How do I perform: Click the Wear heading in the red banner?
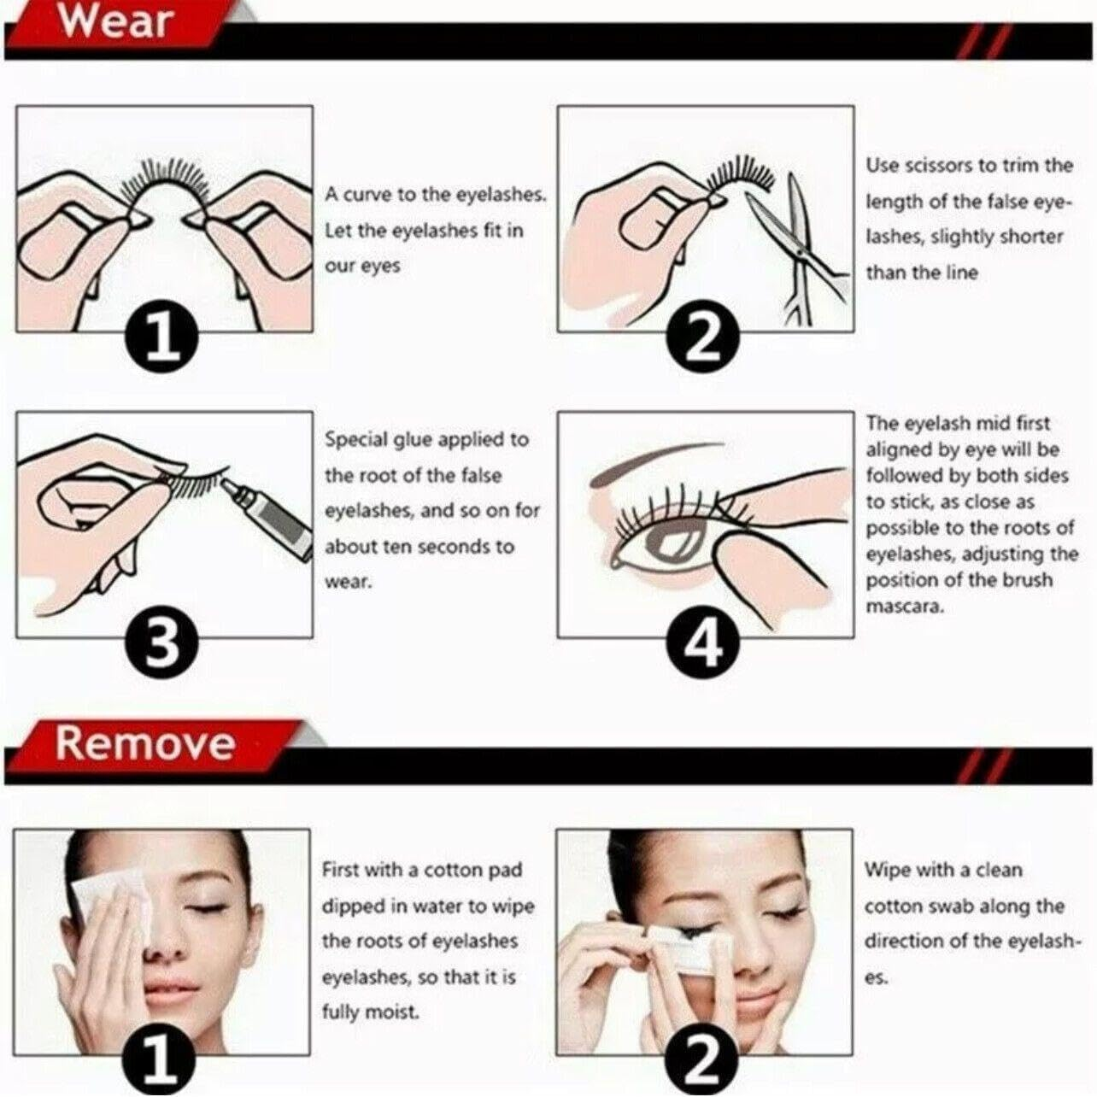tap(115, 21)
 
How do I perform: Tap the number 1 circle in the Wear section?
tap(164, 339)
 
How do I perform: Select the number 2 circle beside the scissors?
tap(703, 339)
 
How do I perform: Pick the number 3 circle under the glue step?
tap(162, 644)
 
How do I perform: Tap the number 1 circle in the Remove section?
tap(161, 1063)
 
